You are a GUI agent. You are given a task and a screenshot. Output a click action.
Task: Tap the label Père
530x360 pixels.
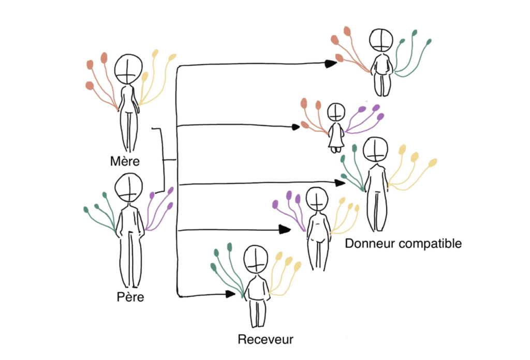(130, 297)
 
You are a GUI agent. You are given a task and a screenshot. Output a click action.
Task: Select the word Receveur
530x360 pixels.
(266, 339)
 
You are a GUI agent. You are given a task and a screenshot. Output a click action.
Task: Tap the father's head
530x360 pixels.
(129, 188)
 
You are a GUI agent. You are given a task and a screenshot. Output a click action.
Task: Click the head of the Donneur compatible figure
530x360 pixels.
(375, 149)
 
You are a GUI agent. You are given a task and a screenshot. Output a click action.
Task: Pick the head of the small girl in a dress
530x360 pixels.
(336, 112)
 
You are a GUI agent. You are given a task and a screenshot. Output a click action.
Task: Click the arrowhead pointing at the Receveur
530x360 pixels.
(231, 294)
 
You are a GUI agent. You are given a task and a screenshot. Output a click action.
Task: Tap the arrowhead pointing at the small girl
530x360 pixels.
(296, 126)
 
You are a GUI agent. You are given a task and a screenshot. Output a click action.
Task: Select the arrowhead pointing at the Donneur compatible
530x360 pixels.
(341, 183)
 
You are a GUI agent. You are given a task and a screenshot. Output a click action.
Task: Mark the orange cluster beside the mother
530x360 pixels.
(101, 80)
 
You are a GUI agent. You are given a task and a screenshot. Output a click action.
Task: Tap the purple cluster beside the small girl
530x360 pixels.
(366, 117)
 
